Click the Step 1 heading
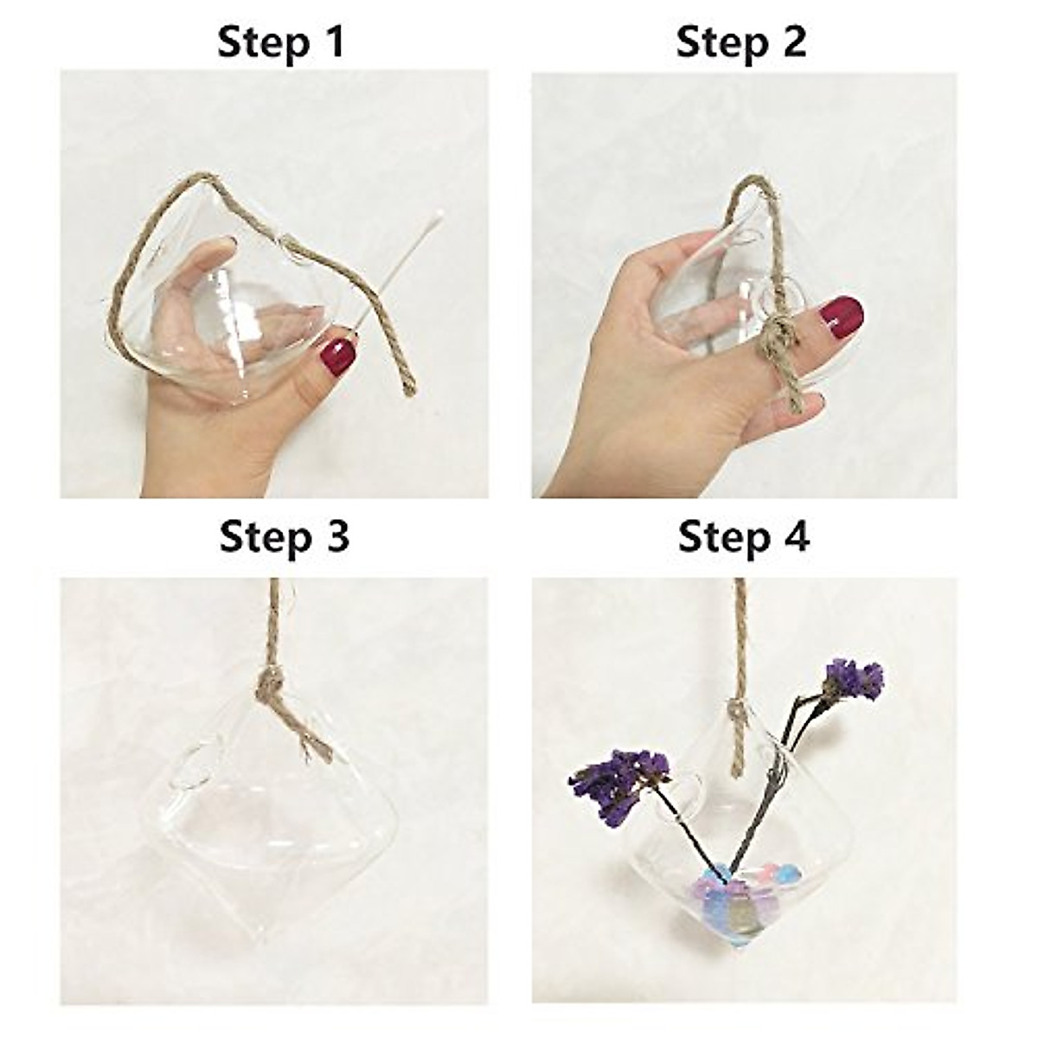[x=280, y=43]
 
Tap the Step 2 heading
[x=741, y=43]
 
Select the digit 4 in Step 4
[x=796, y=537]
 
